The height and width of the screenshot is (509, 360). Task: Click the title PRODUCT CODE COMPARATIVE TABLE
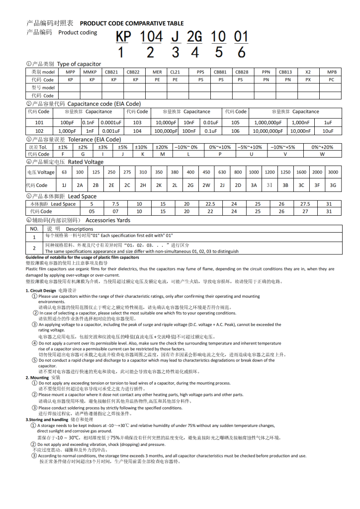(132, 23)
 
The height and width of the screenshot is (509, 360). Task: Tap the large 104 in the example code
(151, 37)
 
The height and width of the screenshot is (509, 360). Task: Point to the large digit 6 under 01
(241, 52)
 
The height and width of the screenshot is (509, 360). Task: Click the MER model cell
(157, 72)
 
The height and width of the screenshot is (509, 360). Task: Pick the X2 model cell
(308, 72)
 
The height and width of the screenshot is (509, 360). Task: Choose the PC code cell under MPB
(331, 80)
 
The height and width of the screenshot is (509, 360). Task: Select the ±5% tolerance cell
(122, 147)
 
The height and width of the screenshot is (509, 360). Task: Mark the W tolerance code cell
(322, 154)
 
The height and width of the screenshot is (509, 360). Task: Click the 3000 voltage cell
(333, 172)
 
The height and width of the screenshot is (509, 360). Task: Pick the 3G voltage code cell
(333, 185)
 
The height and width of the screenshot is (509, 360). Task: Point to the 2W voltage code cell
(206, 185)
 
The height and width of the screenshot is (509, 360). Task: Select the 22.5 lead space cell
(210, 204)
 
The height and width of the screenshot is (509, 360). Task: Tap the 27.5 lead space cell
(305, 204)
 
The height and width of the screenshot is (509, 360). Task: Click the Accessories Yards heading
(108, 220)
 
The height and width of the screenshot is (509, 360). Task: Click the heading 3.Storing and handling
(48, 420)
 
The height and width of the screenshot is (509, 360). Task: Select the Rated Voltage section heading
(86, 162)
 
